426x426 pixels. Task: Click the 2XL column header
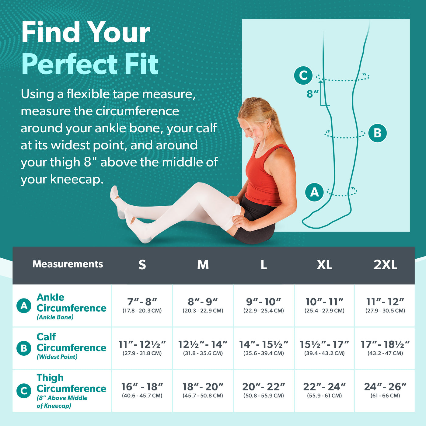click(x=385, y=265)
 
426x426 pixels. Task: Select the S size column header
click(x=142, y=265)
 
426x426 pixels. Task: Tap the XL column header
click(x=324, y=265)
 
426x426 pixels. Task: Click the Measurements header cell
click(x=68, y=264)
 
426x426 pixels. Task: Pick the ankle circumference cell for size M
click(x=203, y=306)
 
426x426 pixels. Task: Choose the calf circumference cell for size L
click(x=264, y=348)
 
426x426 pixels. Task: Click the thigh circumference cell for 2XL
click(x=385, y=390)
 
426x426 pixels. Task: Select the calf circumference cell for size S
click(x=142, y=348)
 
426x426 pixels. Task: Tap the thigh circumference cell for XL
click(x=324, y=390)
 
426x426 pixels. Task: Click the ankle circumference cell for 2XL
click(x=385, y=306)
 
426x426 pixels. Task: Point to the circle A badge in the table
click(x=24, y=306)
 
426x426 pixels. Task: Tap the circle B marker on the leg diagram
click(x=377, y=133)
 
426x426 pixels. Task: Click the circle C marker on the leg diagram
click(x=303, y=75)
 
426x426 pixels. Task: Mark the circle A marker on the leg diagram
click(x=314, y=192)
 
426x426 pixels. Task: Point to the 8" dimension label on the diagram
click(x=312, y=94)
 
